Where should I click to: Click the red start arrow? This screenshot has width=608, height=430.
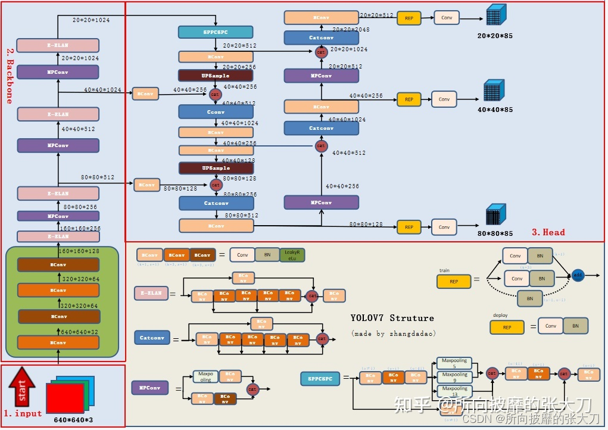[x=22, y=387]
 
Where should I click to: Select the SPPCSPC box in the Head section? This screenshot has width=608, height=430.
[x=216, y=32]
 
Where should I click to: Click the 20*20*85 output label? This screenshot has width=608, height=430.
[x=494, y=36]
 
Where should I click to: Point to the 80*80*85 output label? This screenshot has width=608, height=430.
[x=495, y=233]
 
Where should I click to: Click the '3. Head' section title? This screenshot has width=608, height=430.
[x=548, y=232]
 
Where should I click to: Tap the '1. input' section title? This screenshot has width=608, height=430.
[x=23, y=413]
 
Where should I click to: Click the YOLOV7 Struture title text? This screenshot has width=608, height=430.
[x=392, y=318]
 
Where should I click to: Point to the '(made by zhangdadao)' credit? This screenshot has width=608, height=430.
[x=394, y=334]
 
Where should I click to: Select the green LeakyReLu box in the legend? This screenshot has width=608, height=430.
[x=292, y=255]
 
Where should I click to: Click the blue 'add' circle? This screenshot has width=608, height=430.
[x=577, y=275]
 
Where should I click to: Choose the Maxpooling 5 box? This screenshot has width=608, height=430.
[x=454, y=363]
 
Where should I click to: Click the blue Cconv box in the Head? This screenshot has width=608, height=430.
[x=216, y=112]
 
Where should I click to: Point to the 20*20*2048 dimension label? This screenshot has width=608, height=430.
[x=351, y=29]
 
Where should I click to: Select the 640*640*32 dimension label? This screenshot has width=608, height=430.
[x=79, y=332]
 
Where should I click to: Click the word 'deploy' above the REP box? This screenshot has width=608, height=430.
[x=500, y=315]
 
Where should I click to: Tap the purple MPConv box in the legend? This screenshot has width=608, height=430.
[x=149, y=388]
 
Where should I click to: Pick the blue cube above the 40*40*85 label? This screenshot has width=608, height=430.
[x=494, y=91]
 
